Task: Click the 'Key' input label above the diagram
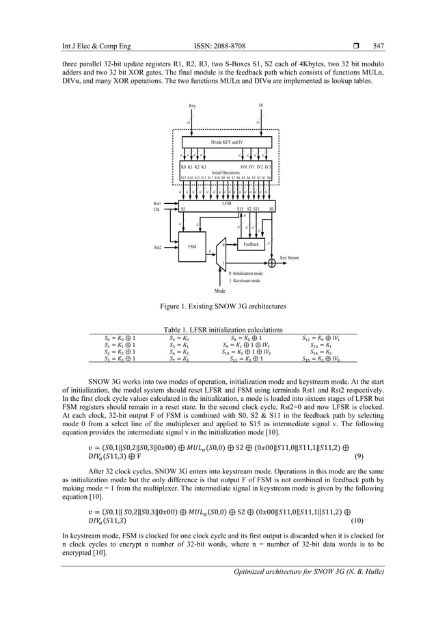[x=192, y=106]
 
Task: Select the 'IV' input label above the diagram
[x=260, y=106]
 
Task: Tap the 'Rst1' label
[x=158, y=203]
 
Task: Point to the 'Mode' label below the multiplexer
[x=220, y=310]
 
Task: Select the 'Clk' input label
[x=157, y=210]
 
